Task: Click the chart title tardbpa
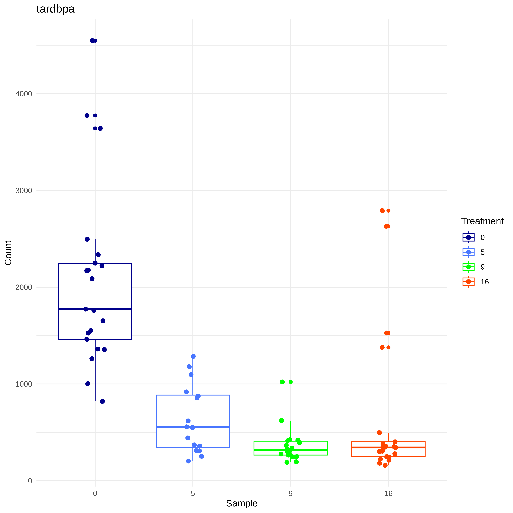point(56,9)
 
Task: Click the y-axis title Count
point(8,253)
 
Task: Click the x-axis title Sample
point(242,503)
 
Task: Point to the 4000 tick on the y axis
point(24,94)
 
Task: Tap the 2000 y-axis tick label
point(24,287)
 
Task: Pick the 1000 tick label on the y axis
point(24,384)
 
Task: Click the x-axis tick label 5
point(193,493)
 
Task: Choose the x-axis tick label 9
point(290,493)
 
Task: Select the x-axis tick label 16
point(388,493)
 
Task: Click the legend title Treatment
point(482,221)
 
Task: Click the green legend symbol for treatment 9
point(468,267)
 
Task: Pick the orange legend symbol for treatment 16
point(468,282)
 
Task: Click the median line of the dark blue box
point(95,309)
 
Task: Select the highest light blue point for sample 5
point(193,356)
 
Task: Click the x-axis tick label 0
point(95,493)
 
